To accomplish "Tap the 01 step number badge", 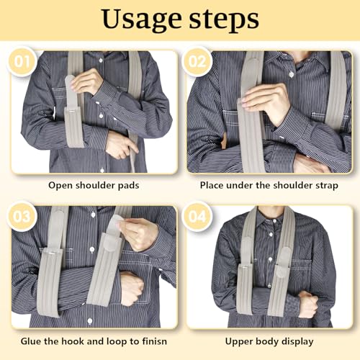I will click(x=22, y=61).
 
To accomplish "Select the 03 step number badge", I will click(x=22, y=216).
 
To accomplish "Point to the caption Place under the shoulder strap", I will click(x=269, y=185).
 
